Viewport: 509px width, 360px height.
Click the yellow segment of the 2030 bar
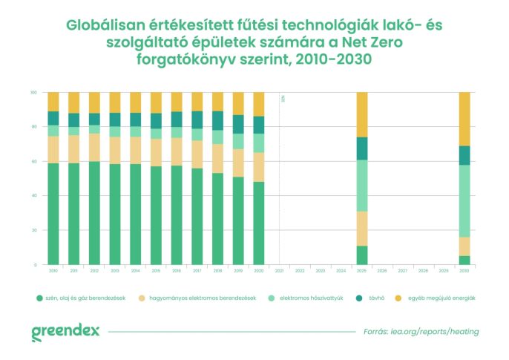[464, 119]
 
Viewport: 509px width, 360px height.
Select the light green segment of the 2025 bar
[362, 186]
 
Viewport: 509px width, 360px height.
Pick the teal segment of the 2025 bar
[362, 148]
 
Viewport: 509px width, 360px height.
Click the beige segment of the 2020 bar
[258, 167]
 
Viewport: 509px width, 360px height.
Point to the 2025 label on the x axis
[362, 272]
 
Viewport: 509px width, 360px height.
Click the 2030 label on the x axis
[464, 272]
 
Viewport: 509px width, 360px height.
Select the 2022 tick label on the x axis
[300, 272]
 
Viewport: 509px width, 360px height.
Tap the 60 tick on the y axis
[33, 161]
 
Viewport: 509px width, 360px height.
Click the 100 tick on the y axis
[33, 92]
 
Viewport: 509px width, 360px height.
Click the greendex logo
[65, 332]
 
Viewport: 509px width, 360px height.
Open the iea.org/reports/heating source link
[433, 332]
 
